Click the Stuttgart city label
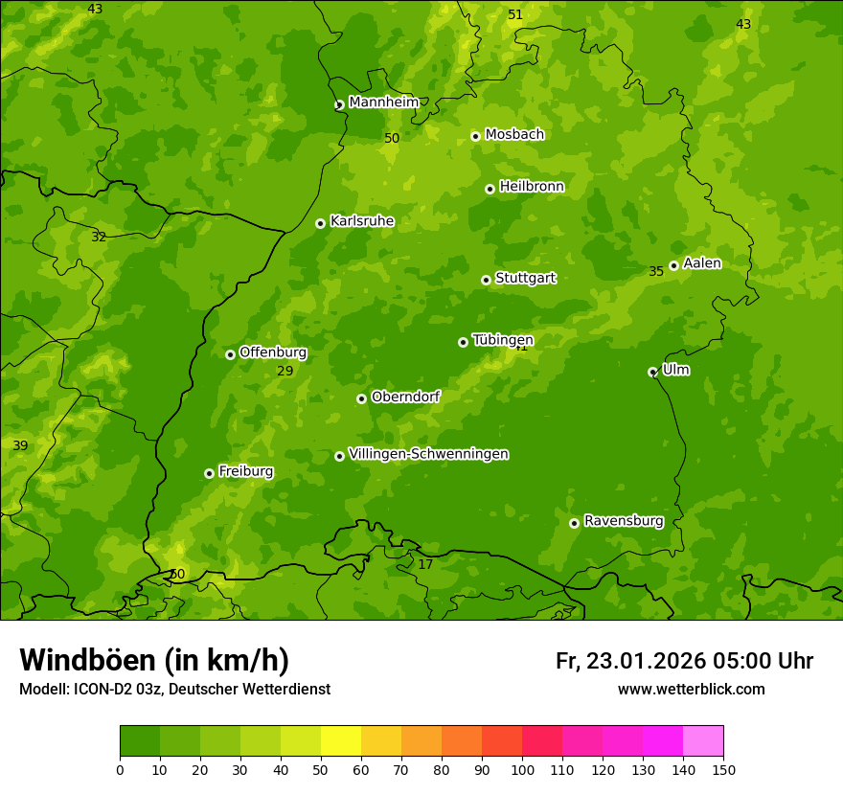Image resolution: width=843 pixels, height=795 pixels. click(x=525, y=279)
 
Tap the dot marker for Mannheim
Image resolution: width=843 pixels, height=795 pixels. click(x=339, y=105)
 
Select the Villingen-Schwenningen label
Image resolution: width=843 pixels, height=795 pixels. click(x=428, y=454)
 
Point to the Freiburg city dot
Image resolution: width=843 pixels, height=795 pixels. click(x=209, y=473)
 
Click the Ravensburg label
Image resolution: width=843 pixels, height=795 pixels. click(x=624, y=521)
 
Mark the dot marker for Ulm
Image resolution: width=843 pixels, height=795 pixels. click(x=652, y=372)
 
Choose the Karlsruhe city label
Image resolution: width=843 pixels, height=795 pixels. click(x=362, y=221)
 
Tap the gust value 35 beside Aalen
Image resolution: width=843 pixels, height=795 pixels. click(x=656, y=272)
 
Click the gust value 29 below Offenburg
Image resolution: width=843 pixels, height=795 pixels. click(x=285, y=372)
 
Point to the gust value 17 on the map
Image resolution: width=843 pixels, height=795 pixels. click(x=425, y=564)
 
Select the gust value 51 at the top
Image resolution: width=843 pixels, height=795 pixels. click(x=515, y=14)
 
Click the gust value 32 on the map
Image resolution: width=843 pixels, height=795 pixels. click(x=99, y=237)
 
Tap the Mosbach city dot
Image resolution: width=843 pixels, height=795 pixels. click(x=475, y=136)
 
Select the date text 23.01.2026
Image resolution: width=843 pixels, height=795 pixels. click(x=646, y=661)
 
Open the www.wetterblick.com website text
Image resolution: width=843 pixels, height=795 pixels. click(x=691, y=689)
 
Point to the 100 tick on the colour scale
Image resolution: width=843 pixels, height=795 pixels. click(x=522, y=769)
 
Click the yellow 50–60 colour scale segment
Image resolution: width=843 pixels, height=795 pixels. click(x=341, y=741)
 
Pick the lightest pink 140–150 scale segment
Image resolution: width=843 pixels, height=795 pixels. click(x=703, y=741)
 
